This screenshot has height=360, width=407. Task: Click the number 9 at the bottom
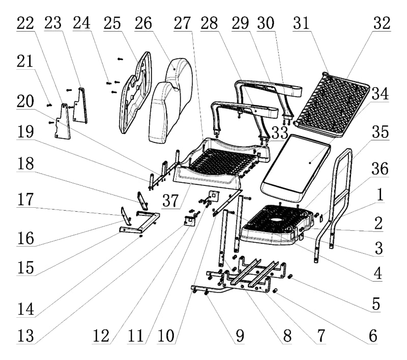coord(239,336)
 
